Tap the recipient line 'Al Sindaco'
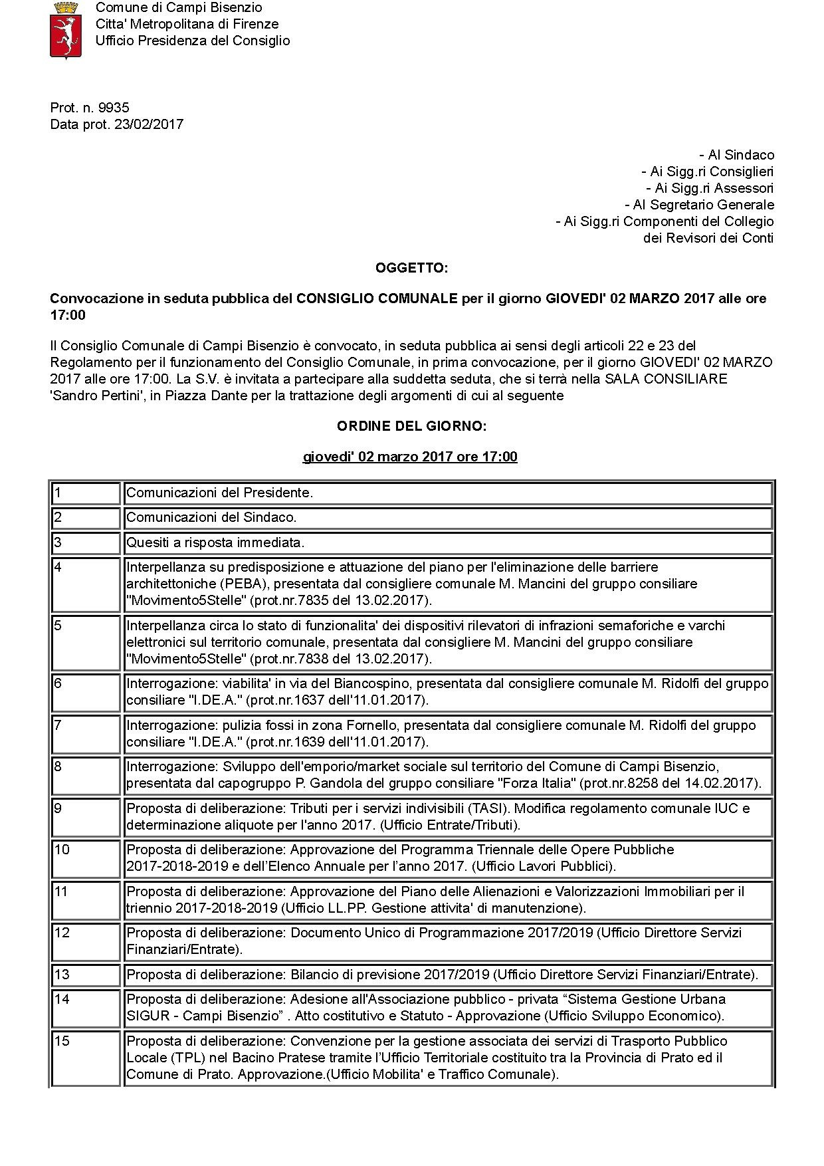click(737, 155)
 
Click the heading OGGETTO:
click(411, 268)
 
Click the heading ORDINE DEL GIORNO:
click(411, 425)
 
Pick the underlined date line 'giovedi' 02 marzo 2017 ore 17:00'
click(410, 457)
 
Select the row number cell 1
click(86, 493)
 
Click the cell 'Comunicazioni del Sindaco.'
click(211, 517)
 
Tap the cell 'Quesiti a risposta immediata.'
click(215, 542)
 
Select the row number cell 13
click(86, 975)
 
